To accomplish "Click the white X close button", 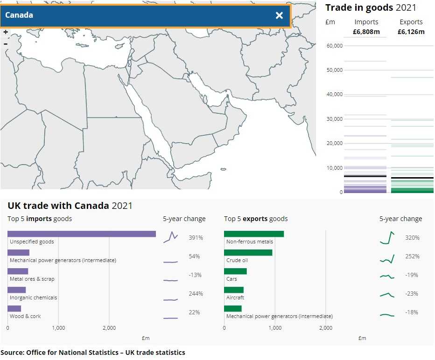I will (x=279, y=15).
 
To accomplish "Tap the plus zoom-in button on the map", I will (x=6, y=32).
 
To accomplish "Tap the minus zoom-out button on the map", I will (x=6, y=44).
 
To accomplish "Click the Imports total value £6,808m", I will (x=366, y=32).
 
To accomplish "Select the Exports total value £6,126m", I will (x=411, y=32).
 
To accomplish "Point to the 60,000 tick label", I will (x=335, y=46).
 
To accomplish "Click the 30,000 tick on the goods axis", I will (x=335, y=119).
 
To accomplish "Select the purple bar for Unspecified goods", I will (x=82, y=234).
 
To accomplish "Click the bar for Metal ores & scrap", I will (x=18, y=271).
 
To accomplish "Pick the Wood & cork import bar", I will (x=14, y=308).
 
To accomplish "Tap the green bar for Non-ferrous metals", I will (x=254, y=234).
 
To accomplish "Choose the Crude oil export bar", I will (x=248, y=252).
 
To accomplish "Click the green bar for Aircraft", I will (x=234, y=290).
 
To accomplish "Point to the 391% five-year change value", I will (x=196, y=238).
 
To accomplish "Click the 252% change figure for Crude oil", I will (x=413, y=256).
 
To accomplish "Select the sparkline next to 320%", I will (x=387, y=238).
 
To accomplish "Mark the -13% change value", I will (x=196, y=275).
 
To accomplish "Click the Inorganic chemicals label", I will (x=34, y=298).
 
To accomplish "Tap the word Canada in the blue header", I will (x=19, y=15).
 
